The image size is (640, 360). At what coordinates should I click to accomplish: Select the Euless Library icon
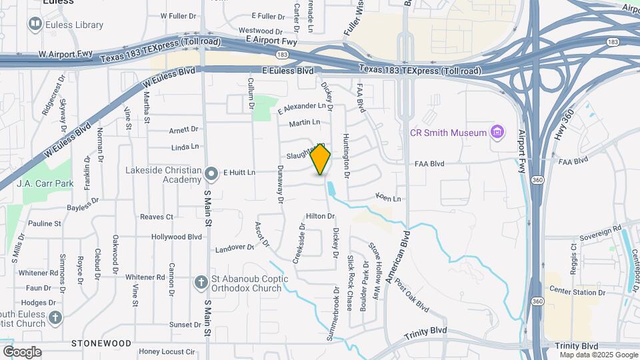[x=35, y=25]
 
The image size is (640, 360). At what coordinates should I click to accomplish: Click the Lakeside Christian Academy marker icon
[x=212, y=175]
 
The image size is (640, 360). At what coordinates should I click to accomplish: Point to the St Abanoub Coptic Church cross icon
[x=201, y=283]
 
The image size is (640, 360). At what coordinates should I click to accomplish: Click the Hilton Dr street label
[x=320, y=217]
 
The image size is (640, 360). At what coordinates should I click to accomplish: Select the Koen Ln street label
[x=389, y=199]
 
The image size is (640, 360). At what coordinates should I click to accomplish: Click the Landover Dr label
[x=235, y=249]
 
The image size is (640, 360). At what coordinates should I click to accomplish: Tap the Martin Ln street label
[x=305, y=123]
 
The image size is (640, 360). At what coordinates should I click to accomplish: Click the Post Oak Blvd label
[x=411, y=295]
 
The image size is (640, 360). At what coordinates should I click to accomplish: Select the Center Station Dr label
[x=576, y=291]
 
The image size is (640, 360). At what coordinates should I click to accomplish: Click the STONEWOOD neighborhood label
[x=101, y=343]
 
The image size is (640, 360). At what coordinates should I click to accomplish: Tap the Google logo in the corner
[x=22, y=351]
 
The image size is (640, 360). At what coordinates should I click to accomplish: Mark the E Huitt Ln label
[x=239, y=173]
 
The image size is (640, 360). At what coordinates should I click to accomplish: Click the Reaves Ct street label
[x=157, y=217]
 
